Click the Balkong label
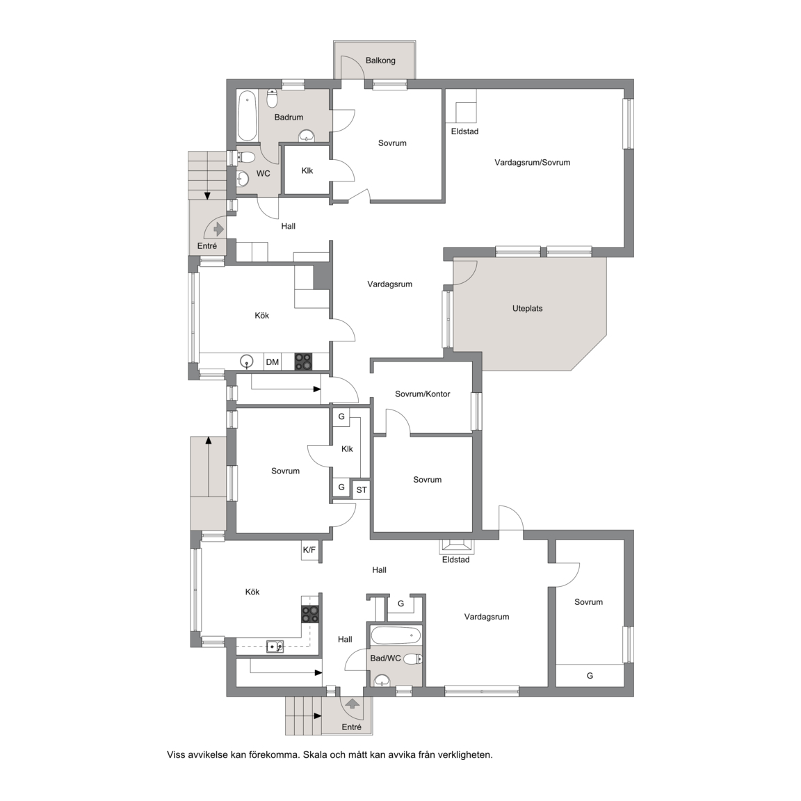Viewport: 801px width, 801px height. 380,60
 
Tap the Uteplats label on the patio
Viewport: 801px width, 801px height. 527,309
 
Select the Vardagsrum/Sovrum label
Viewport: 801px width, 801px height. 533,163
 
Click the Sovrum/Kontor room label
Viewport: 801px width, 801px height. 423,394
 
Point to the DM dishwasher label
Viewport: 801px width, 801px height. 273,362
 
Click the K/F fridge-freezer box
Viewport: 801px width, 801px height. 309,550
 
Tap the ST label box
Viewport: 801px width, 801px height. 362,490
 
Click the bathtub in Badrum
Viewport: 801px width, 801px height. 248,115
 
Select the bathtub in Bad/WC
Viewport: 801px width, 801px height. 396,636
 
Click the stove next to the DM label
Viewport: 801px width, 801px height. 303,362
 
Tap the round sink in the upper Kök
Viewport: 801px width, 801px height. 248,361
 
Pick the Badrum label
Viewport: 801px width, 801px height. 289,118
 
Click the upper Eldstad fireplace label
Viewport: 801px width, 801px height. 465,131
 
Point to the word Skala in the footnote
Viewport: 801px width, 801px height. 315,754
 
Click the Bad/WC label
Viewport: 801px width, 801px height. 386,658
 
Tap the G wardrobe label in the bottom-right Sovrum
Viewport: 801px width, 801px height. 590,676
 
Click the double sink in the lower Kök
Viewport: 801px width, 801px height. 275,647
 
